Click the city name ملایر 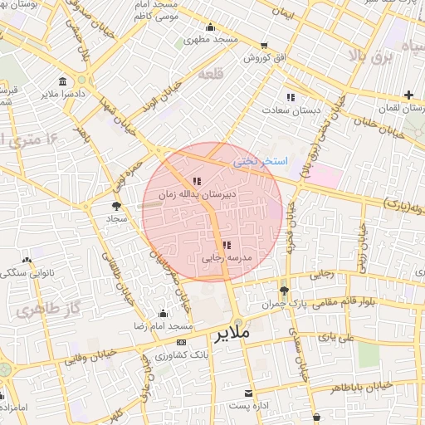[232, 335]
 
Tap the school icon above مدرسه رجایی [227, 245]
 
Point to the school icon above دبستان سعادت [290, 97]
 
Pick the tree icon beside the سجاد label [115, 205]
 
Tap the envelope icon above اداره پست [248, 393]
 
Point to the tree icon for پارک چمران [284, 291]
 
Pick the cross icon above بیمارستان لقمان [408, 95]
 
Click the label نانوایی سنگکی [28, 272]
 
